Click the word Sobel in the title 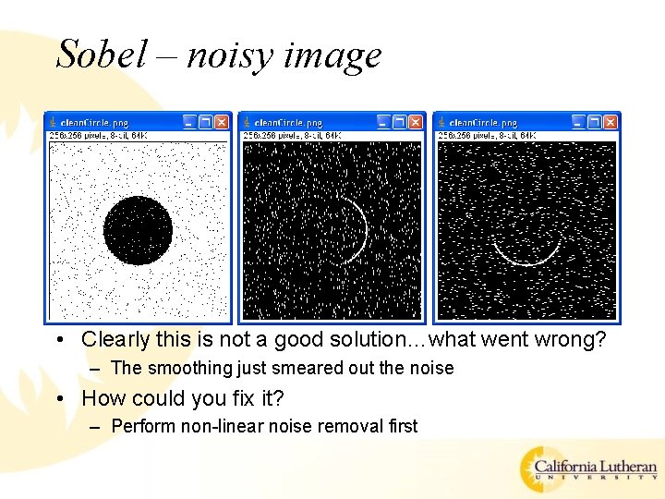click(101, 55)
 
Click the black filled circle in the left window click(139, 230)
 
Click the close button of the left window click(221, 122)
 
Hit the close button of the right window click(609, 122)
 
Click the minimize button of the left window click(189, 122)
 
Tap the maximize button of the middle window click(399, 122)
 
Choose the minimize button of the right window click(577, 122)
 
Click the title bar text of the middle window click(287, 123)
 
